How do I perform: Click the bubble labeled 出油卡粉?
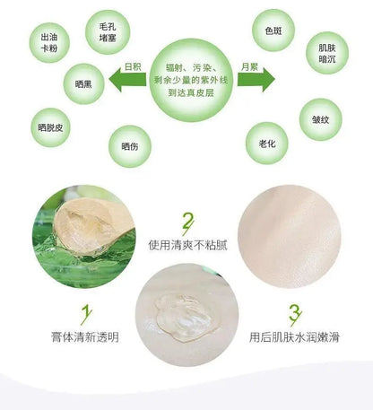tap(49, 43)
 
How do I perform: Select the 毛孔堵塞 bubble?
tap(108, 32)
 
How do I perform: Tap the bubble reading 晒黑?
tap(83, 84)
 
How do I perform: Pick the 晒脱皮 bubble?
tap(50, 127)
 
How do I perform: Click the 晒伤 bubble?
tap(130, 146)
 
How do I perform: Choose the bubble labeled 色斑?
tap(273, 31)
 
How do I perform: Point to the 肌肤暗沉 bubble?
tap(327, 53)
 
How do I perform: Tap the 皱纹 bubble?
tap(321, 119)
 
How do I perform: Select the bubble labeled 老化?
tap(267, 144)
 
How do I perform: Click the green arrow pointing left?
tap(127, 80)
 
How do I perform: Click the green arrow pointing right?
tap(256, 80)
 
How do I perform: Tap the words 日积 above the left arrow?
tap(133, 66)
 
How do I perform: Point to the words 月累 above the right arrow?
tap(250, 66)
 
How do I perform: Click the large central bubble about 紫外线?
tap(191, 80)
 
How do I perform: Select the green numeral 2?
tap(187, 223)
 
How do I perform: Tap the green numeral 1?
tap(86, 315)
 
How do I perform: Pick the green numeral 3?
tap(295, 315)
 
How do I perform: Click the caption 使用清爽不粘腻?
tap(188, 245)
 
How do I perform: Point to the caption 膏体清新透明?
tap(85, 337)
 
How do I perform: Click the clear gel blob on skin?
tap(186, 318)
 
